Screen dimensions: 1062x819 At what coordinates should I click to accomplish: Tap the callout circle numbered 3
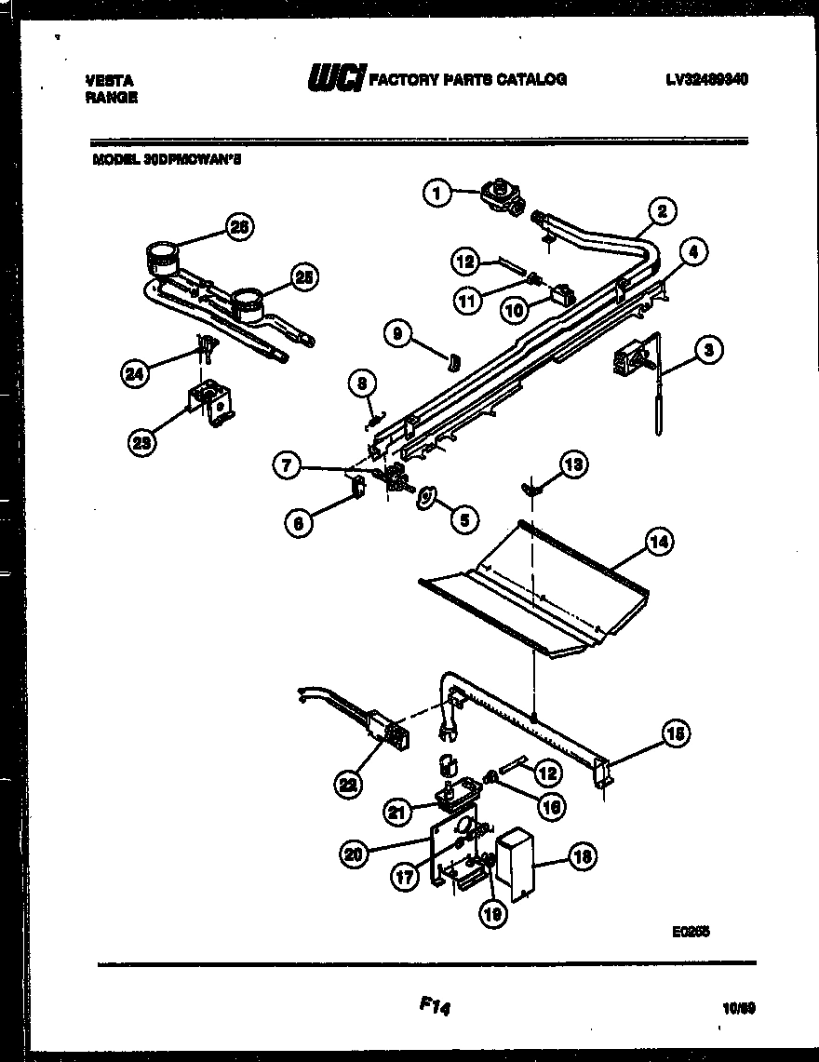click(x=709, y=351)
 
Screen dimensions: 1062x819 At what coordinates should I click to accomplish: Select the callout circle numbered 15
click(x=676, y=734)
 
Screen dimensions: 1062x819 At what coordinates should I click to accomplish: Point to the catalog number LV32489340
click(x=706, y=80)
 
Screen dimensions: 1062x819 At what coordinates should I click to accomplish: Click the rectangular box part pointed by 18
click(x=515, y=863)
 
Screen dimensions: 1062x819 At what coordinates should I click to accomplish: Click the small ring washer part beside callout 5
click(x=426, y=499)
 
